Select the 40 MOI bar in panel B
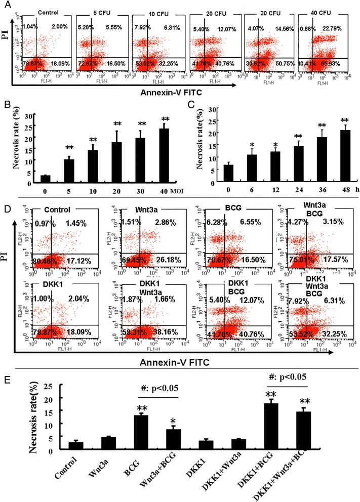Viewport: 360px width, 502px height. click(x=164, y=152)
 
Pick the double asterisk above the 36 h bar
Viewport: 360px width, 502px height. click(x=322, y=126)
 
